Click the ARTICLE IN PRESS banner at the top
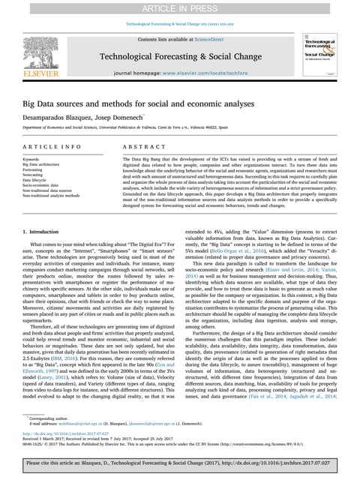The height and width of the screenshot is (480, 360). (x=179, y=7)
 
